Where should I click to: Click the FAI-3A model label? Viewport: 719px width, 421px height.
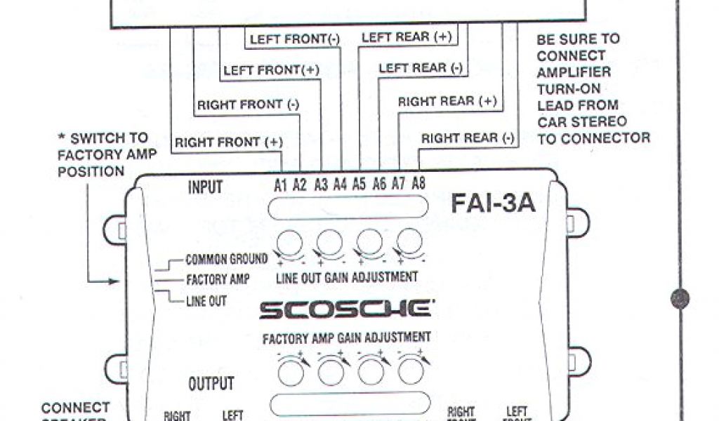[x=493, y=203]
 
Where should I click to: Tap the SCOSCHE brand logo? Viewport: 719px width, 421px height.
[x=345, y=308]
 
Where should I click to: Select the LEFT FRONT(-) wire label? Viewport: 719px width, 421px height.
[x=295, y=39]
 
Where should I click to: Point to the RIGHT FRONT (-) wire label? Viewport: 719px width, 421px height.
[x=248, y=105]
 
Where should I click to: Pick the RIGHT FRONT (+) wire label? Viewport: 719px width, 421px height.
[x=229, y=142]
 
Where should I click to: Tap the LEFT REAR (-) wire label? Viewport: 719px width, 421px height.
[x=420, y=68]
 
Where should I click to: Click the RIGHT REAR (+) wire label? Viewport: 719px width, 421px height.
[x=447, y=101]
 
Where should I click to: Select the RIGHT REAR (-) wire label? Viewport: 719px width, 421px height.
[x=468, y=138]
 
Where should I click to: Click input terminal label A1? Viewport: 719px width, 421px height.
[x=282, y=185]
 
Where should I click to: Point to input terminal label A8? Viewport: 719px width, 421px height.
[x=418, y=185]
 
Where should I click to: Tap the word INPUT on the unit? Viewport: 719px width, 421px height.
[x=206, y=187]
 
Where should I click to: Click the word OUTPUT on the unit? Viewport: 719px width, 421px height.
[x=211, y=385]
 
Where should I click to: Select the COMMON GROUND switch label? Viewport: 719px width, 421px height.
[x=226, y=260]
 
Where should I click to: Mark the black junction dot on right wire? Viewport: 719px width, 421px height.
[x=679, y=298]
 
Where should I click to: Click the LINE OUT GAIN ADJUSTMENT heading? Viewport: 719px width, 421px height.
[x=347, y=276]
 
